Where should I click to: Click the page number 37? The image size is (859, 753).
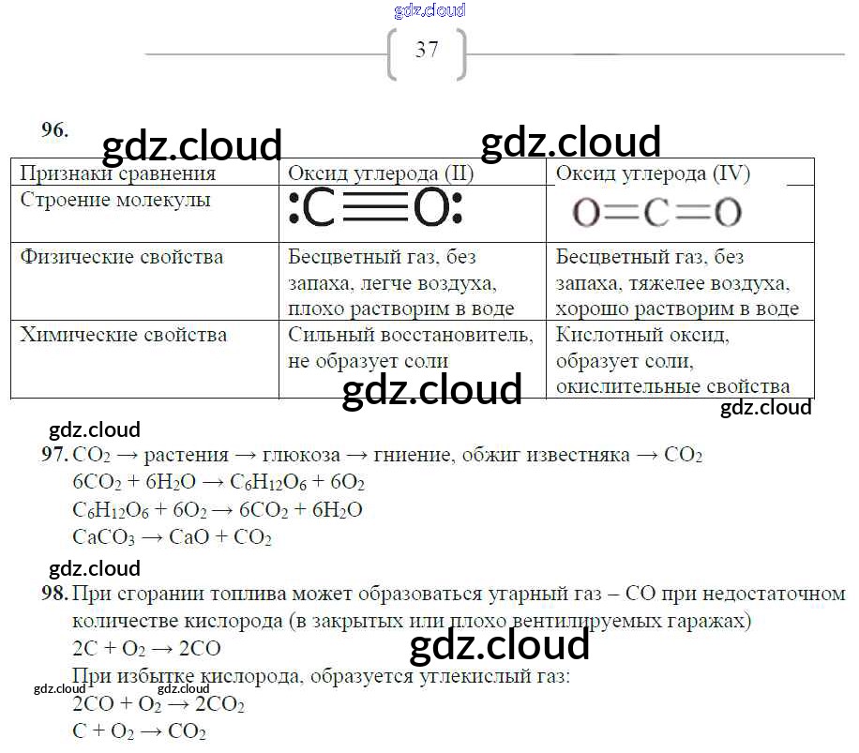[427, 50]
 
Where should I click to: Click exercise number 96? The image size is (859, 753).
[54, 130]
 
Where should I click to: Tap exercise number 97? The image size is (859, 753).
[55, 456]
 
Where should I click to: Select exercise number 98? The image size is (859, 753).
[55, 594]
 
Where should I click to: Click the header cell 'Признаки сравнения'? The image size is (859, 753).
[117, 173]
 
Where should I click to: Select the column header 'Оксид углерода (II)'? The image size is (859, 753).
[381, 173]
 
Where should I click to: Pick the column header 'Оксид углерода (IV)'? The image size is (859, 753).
[653, 173]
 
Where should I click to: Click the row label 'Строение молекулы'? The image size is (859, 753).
[115, 200]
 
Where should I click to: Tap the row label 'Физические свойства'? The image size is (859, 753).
[122, 257]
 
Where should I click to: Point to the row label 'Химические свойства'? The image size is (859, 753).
[123, 335]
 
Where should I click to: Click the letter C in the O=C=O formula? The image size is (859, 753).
[656, 213]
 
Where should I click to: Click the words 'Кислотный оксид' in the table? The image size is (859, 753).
[642, 335]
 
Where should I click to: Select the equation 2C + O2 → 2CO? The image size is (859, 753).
[146, 649]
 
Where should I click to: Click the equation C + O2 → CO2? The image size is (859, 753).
[139, 732]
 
